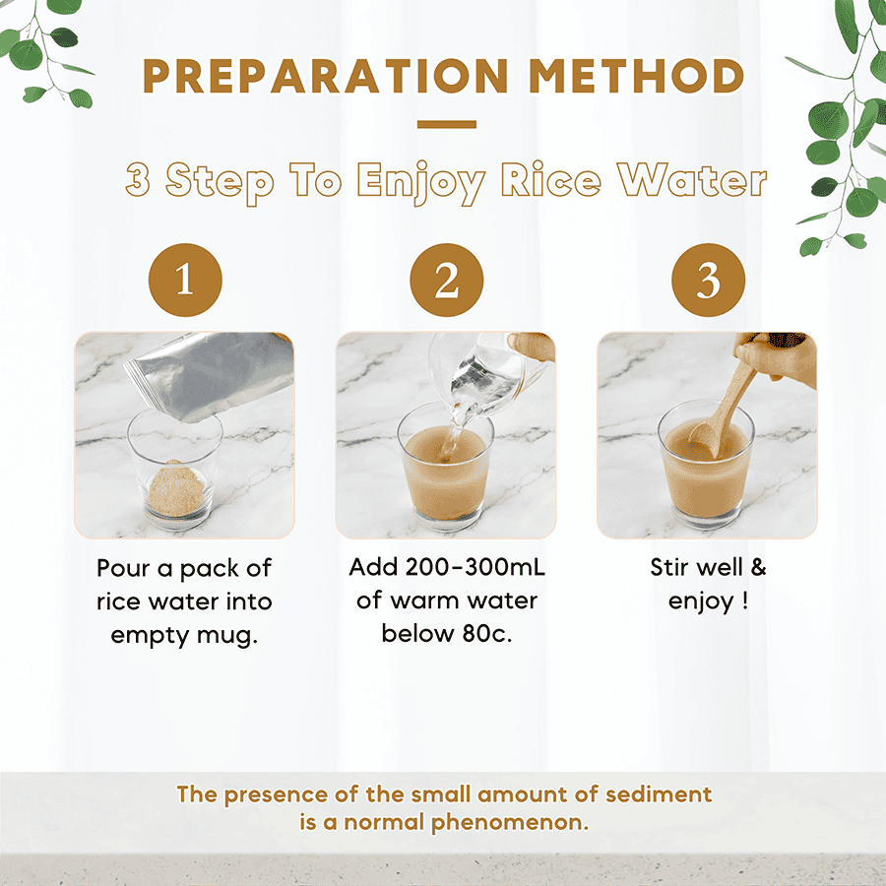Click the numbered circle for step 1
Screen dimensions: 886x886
click(185, 280)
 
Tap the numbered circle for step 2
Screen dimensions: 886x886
click(446, 280)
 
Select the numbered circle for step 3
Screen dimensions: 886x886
click(708, 280)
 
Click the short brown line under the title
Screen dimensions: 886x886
click(446, 124)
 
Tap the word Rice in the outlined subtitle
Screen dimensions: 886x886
click(551, 180)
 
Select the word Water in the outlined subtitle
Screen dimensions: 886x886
click(692, 180)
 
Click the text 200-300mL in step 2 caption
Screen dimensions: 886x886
click(475, 567)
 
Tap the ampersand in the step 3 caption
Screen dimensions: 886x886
click(758, 567)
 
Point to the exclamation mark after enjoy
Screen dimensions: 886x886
click(745, 601)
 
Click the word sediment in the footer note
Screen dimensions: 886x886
click(659, 794)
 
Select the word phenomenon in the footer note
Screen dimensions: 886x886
click(510, 823)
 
